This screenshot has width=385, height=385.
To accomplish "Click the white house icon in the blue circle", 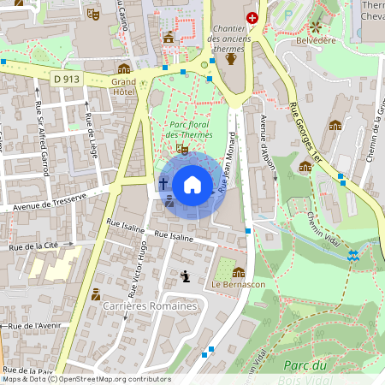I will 192,184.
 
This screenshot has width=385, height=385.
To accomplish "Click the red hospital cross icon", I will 252,17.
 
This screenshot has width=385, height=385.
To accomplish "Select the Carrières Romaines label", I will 150,305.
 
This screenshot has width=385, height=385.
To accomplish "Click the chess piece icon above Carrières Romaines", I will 186,275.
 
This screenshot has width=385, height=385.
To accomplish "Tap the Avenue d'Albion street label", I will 267,141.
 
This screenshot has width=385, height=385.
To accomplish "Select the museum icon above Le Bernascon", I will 238,272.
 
